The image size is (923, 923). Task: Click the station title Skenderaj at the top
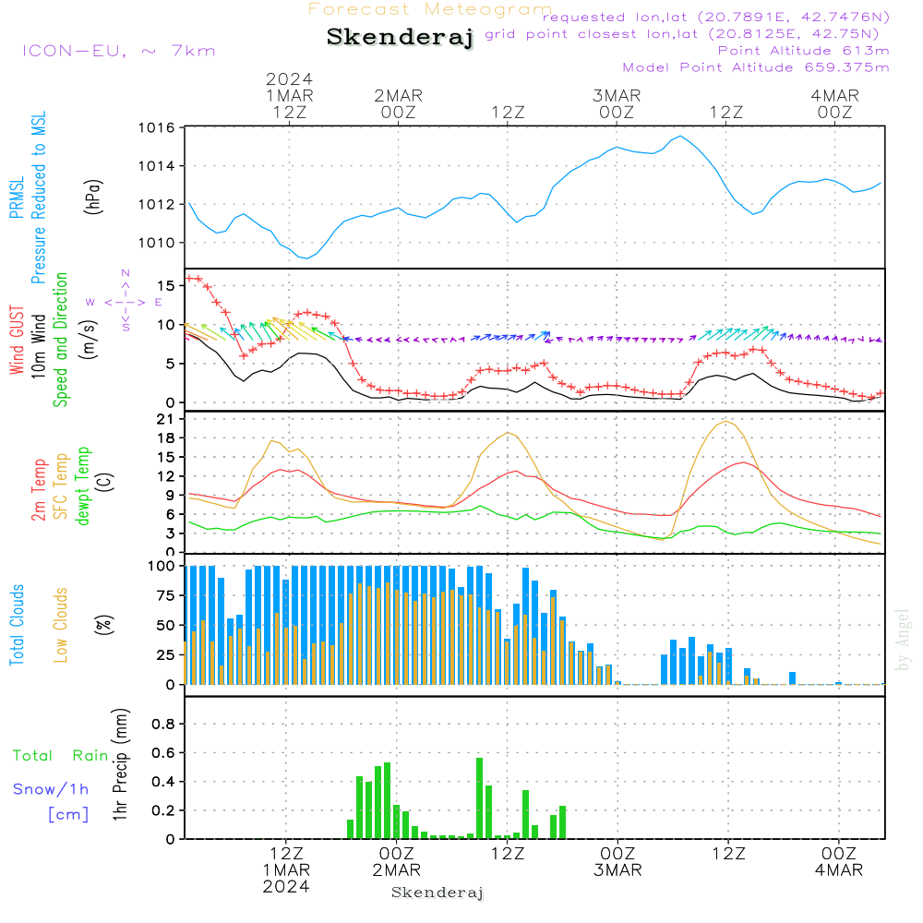(x=400, y=38)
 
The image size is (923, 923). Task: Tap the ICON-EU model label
(x=118, y=51)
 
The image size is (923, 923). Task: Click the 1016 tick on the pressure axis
(x=157, y=127)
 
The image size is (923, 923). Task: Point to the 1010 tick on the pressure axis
(x=157, y=243)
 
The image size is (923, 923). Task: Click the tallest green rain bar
(x=479, y=797)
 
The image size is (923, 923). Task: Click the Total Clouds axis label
(x=17, y=625)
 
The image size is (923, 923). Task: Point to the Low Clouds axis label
(x=61, y=625)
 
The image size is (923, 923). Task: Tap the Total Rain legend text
(x=60, y=756)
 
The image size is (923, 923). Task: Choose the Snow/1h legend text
(x=51, y=789)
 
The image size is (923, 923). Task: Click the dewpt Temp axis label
(x=83, y=485)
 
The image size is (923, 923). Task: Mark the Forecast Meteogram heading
(x=430, y=9)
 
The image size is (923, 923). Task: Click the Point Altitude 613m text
(x=803, y=51)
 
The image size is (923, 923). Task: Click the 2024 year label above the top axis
(x=290, y=78)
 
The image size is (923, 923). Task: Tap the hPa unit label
(x=92, y=196)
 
